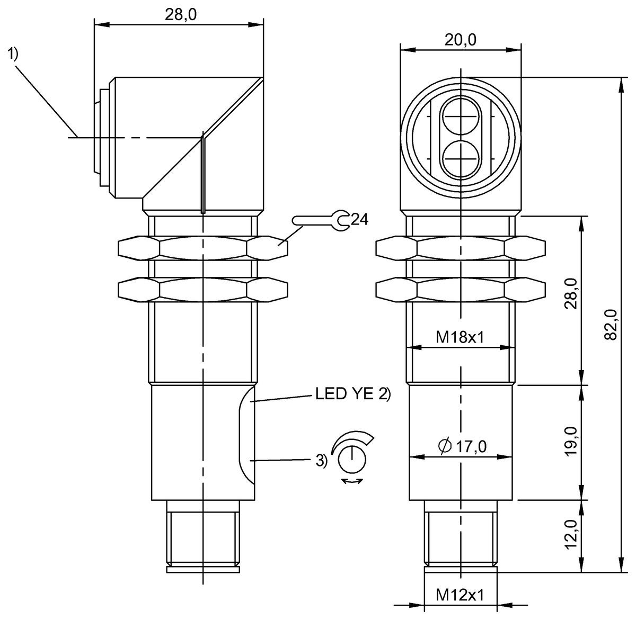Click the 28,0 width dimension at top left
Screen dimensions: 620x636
tap(180, 14)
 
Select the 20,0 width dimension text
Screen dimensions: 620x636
tap(460, 40)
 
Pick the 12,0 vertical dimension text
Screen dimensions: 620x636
tap(571, 535)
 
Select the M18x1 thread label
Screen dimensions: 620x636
tap(460, 337)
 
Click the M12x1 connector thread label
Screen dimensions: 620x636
tap(460, 595)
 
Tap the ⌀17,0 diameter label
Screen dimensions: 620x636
tap(462, 446)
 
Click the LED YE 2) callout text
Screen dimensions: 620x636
tap(352, 394)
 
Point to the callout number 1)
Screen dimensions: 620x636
tap(13, 53)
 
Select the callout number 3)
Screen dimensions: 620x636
tap(321, 461)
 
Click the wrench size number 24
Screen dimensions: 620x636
tap(359, 219)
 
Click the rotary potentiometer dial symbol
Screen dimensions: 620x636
tap(350, 457)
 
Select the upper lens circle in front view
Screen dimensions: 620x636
tap(461, 117)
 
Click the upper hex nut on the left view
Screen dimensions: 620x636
tap(203, 248)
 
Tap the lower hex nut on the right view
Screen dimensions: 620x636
tap(460, 290)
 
